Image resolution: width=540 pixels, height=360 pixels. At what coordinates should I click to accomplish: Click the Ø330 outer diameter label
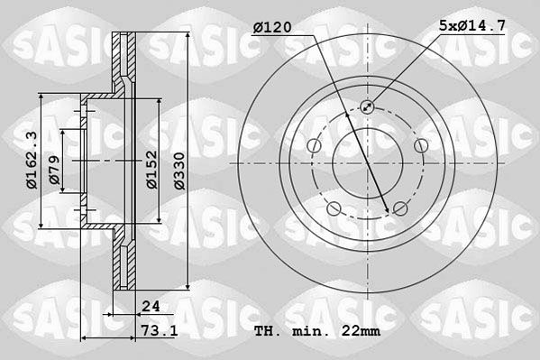click(179, 171)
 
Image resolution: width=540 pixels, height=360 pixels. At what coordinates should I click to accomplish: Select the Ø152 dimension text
click(151, 170)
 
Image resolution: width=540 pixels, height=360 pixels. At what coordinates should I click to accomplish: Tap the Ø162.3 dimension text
click(32, 160)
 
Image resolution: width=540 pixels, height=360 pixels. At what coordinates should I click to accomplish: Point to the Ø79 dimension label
click(54, 170)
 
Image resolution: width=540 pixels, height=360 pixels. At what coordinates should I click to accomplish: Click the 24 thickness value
click(151, 306)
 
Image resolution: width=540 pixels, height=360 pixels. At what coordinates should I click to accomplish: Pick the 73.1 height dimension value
click(160, 331)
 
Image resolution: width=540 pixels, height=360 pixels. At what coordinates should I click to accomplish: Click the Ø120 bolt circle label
click(272, 27)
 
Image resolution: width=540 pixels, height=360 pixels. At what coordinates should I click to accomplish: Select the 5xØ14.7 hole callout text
click(472, 25)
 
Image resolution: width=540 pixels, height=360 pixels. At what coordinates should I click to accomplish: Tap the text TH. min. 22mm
click(317, 331)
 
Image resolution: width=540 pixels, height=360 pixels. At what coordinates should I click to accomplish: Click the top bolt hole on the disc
click(367, 106)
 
